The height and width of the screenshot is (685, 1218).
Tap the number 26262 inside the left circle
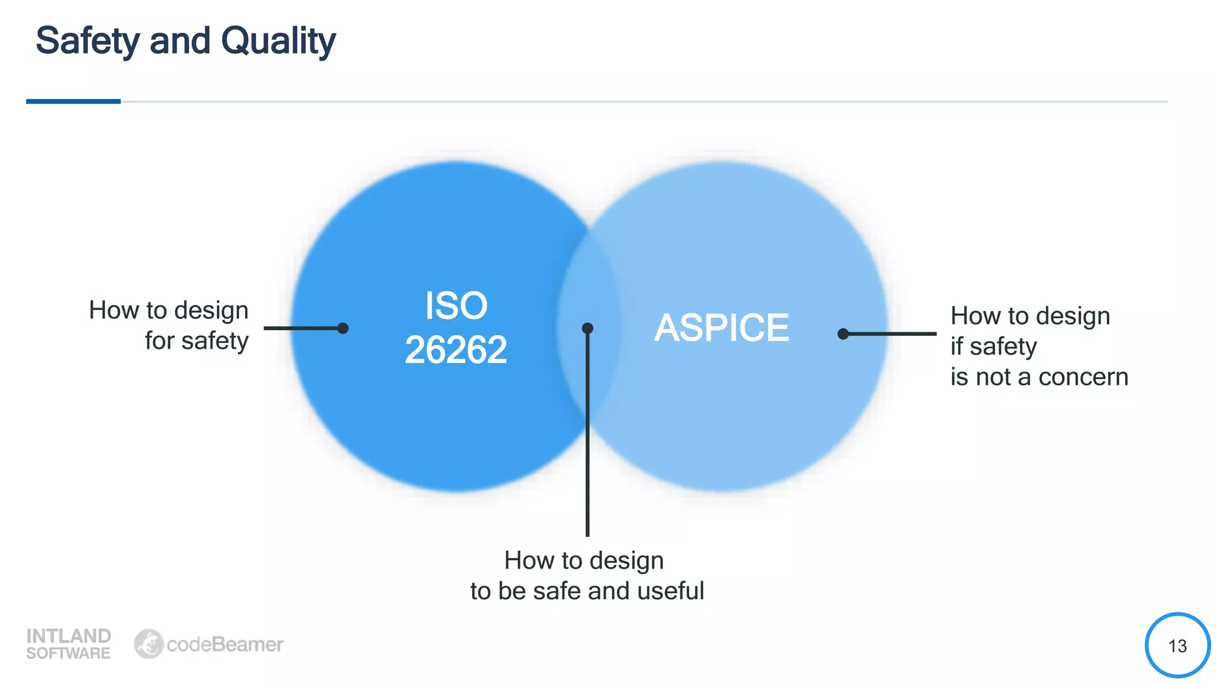click(456, 350)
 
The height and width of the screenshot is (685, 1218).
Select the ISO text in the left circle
click(456, 306)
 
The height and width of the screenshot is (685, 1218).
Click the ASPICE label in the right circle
click(721, 328)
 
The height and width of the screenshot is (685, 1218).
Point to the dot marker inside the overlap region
click(588, 328)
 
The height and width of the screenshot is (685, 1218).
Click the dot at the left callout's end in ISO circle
click(343, 328)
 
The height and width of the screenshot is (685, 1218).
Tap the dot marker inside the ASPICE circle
click(843, 334)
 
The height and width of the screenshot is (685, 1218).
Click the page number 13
click(1177, 646)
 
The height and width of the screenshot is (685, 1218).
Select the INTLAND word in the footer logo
click(68, 636)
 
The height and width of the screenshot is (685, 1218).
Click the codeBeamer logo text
click(225, 645)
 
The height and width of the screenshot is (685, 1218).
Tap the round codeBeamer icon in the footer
click(148, 644)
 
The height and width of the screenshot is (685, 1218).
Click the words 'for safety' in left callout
click(196, 341)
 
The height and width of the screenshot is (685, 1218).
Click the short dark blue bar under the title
click(73, 102)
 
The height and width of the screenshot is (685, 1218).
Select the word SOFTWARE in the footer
click(68, 653)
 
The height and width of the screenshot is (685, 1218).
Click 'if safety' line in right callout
click(993, 347)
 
